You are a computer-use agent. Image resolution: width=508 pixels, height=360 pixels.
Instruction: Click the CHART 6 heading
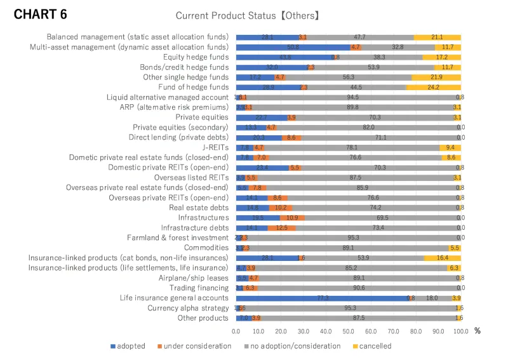[x=41, y=14]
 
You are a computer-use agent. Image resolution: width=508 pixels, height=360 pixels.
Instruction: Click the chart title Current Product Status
[x=247, y=15]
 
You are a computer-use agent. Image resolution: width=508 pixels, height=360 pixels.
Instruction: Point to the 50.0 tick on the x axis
[x=349, y=331]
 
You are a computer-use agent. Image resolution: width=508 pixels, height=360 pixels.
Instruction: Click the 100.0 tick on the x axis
[x=460, y=331]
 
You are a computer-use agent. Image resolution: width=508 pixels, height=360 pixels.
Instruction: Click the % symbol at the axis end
[x=477, y=331]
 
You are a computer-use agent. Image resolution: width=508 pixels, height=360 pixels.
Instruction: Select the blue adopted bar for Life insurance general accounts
[x=323, y=298]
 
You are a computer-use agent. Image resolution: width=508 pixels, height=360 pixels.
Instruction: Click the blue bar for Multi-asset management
[x=293, y=47]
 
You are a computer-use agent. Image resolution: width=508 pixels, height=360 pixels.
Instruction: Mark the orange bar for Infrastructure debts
[x=281, y=228]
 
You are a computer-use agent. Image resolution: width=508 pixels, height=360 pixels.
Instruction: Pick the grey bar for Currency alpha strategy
[x=350, y=308]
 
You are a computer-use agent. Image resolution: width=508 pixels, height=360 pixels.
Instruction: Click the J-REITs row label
[x=213, y=147]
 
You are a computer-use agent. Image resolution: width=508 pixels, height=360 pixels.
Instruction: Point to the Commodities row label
[x=206, y=248]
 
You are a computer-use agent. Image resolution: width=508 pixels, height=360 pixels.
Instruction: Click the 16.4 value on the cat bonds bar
[x=443, y=258]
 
